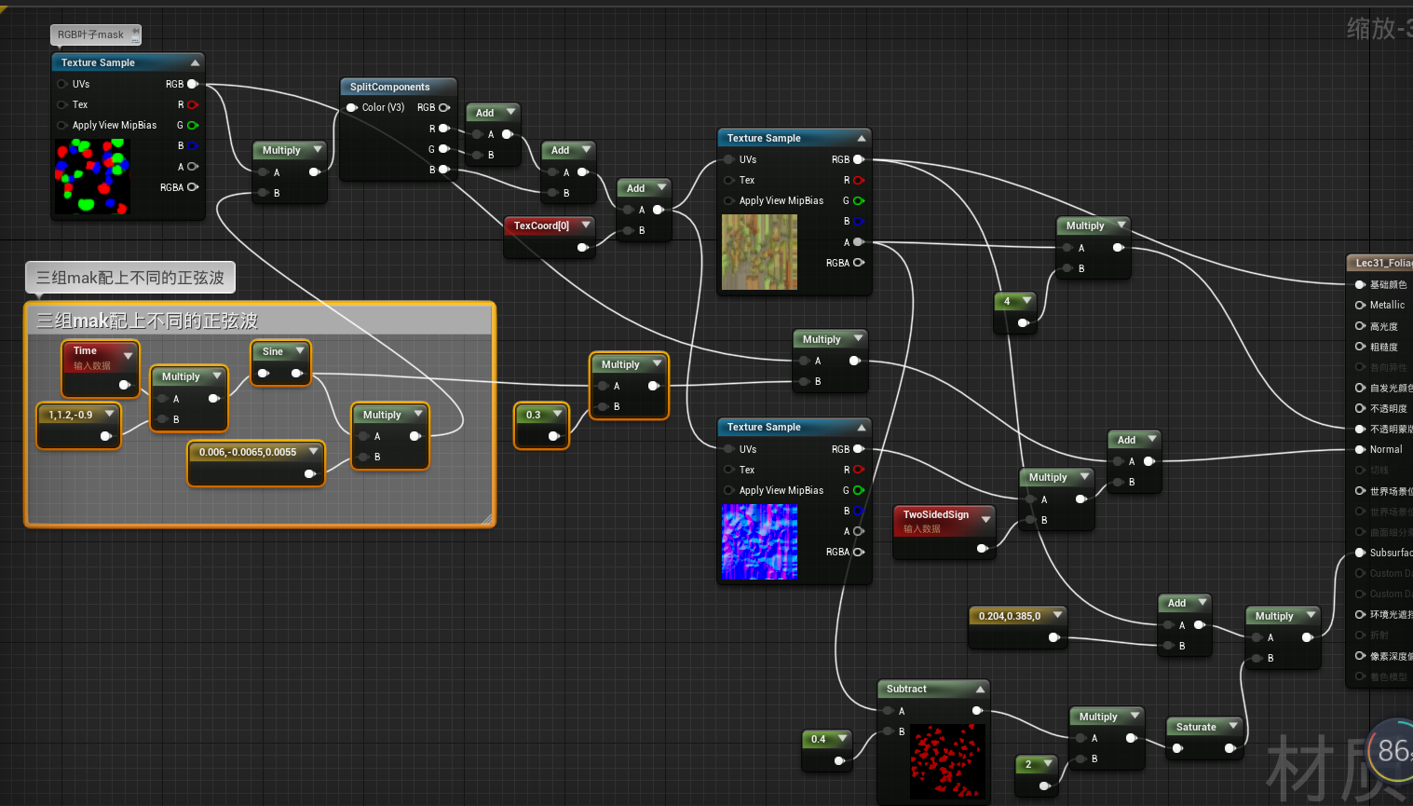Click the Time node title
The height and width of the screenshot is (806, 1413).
(86, 351)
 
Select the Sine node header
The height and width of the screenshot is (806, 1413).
(273, 351)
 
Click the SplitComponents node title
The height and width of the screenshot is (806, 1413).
(389, 87)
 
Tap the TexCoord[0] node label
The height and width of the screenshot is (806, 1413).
(541, 225)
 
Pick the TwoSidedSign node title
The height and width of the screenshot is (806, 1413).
(935, 514)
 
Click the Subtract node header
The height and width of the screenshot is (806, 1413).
(906, 689)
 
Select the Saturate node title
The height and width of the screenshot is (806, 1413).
(1196, 727)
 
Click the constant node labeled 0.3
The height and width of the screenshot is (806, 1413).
(533, 415)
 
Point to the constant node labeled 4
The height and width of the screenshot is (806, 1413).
(1007, 301)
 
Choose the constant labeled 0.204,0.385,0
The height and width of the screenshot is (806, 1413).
(1010, 616)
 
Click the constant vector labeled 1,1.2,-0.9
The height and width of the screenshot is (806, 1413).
(71, 415)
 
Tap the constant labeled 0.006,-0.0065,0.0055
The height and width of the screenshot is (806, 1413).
(248, 452)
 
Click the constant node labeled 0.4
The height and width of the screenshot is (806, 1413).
(818, 739)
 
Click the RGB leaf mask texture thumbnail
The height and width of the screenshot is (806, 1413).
(92, 176)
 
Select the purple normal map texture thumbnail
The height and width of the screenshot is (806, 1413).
(759, 541)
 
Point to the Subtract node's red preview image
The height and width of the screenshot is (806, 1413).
(946, 761)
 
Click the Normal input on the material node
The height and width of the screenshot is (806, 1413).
(1385, 449)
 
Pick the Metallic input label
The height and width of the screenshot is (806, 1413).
(1387, 305)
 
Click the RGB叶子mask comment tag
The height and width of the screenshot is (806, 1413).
(91, 34)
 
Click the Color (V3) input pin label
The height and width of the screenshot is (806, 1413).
(383, 107)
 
